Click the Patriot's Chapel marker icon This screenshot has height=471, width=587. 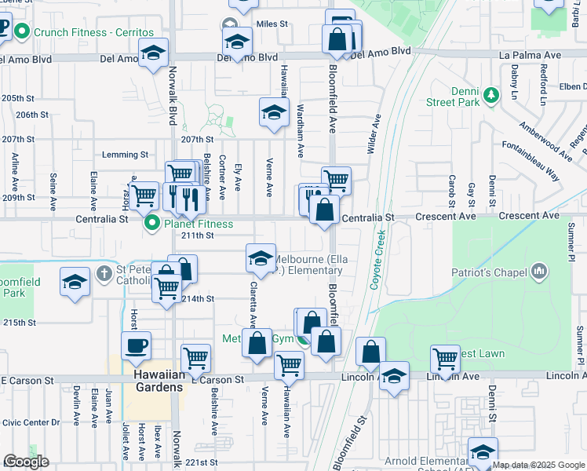[539, 272]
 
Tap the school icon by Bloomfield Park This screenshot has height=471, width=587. [75, 282]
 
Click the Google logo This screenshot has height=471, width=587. [26, 462]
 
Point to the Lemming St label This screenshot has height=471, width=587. [126, 155]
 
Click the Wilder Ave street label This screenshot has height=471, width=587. [374, 133]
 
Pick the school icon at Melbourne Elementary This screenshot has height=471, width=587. [261, 257]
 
